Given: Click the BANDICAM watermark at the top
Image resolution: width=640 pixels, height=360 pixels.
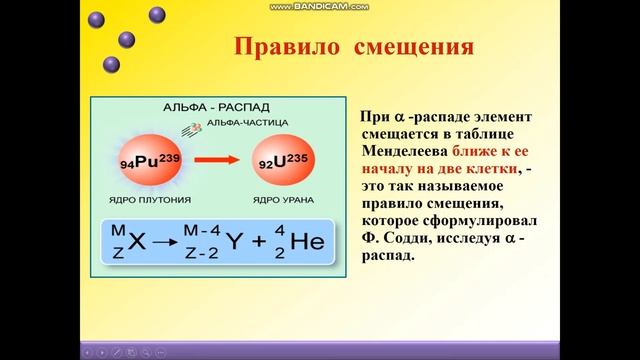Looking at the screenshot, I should point(320,6).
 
